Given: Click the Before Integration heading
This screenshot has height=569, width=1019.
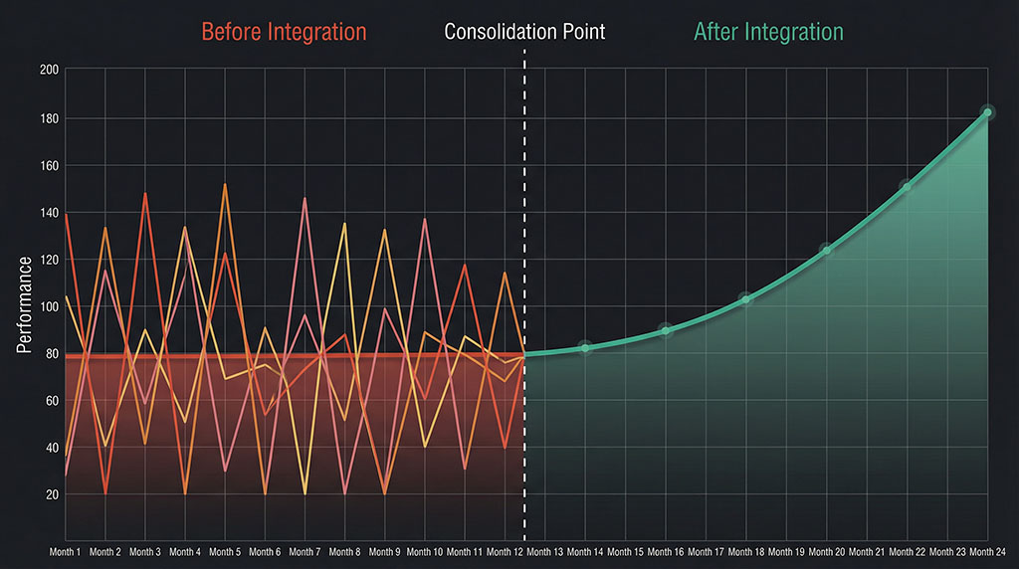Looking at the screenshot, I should [x=284, y=32].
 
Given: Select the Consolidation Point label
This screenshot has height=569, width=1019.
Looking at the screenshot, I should [x=524, y=32].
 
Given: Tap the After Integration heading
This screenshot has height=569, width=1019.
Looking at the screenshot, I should [x=768, y=32].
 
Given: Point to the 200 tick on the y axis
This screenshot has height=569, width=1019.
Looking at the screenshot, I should [x=49, y=71].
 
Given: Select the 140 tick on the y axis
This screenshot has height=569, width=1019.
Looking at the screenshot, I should [x=49, y=213].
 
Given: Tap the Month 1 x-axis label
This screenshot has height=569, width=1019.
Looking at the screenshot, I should [x=66, y=551].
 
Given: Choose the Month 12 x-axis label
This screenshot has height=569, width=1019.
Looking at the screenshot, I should [x=506, y=551].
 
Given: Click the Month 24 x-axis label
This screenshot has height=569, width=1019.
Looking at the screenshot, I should [x=986, y=551].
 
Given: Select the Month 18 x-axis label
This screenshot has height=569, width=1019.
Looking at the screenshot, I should [x=745, y=551].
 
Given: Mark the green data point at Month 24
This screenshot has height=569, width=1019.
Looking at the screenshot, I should [x=987, y=112].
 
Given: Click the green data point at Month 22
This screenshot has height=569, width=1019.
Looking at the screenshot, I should [x=907, y=186].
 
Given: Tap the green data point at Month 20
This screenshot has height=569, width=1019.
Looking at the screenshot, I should [x=826, y=250].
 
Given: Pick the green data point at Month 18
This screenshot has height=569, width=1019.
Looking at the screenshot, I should [x=745, y=299].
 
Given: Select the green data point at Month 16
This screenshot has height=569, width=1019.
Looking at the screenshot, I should [x=666, y=330].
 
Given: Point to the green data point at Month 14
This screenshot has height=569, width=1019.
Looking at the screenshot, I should [x=585, y=347].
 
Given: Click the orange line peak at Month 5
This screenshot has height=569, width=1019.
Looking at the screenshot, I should [x=225, y=184].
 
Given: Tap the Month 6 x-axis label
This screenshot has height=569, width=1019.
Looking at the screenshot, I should [x=265, y=551].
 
